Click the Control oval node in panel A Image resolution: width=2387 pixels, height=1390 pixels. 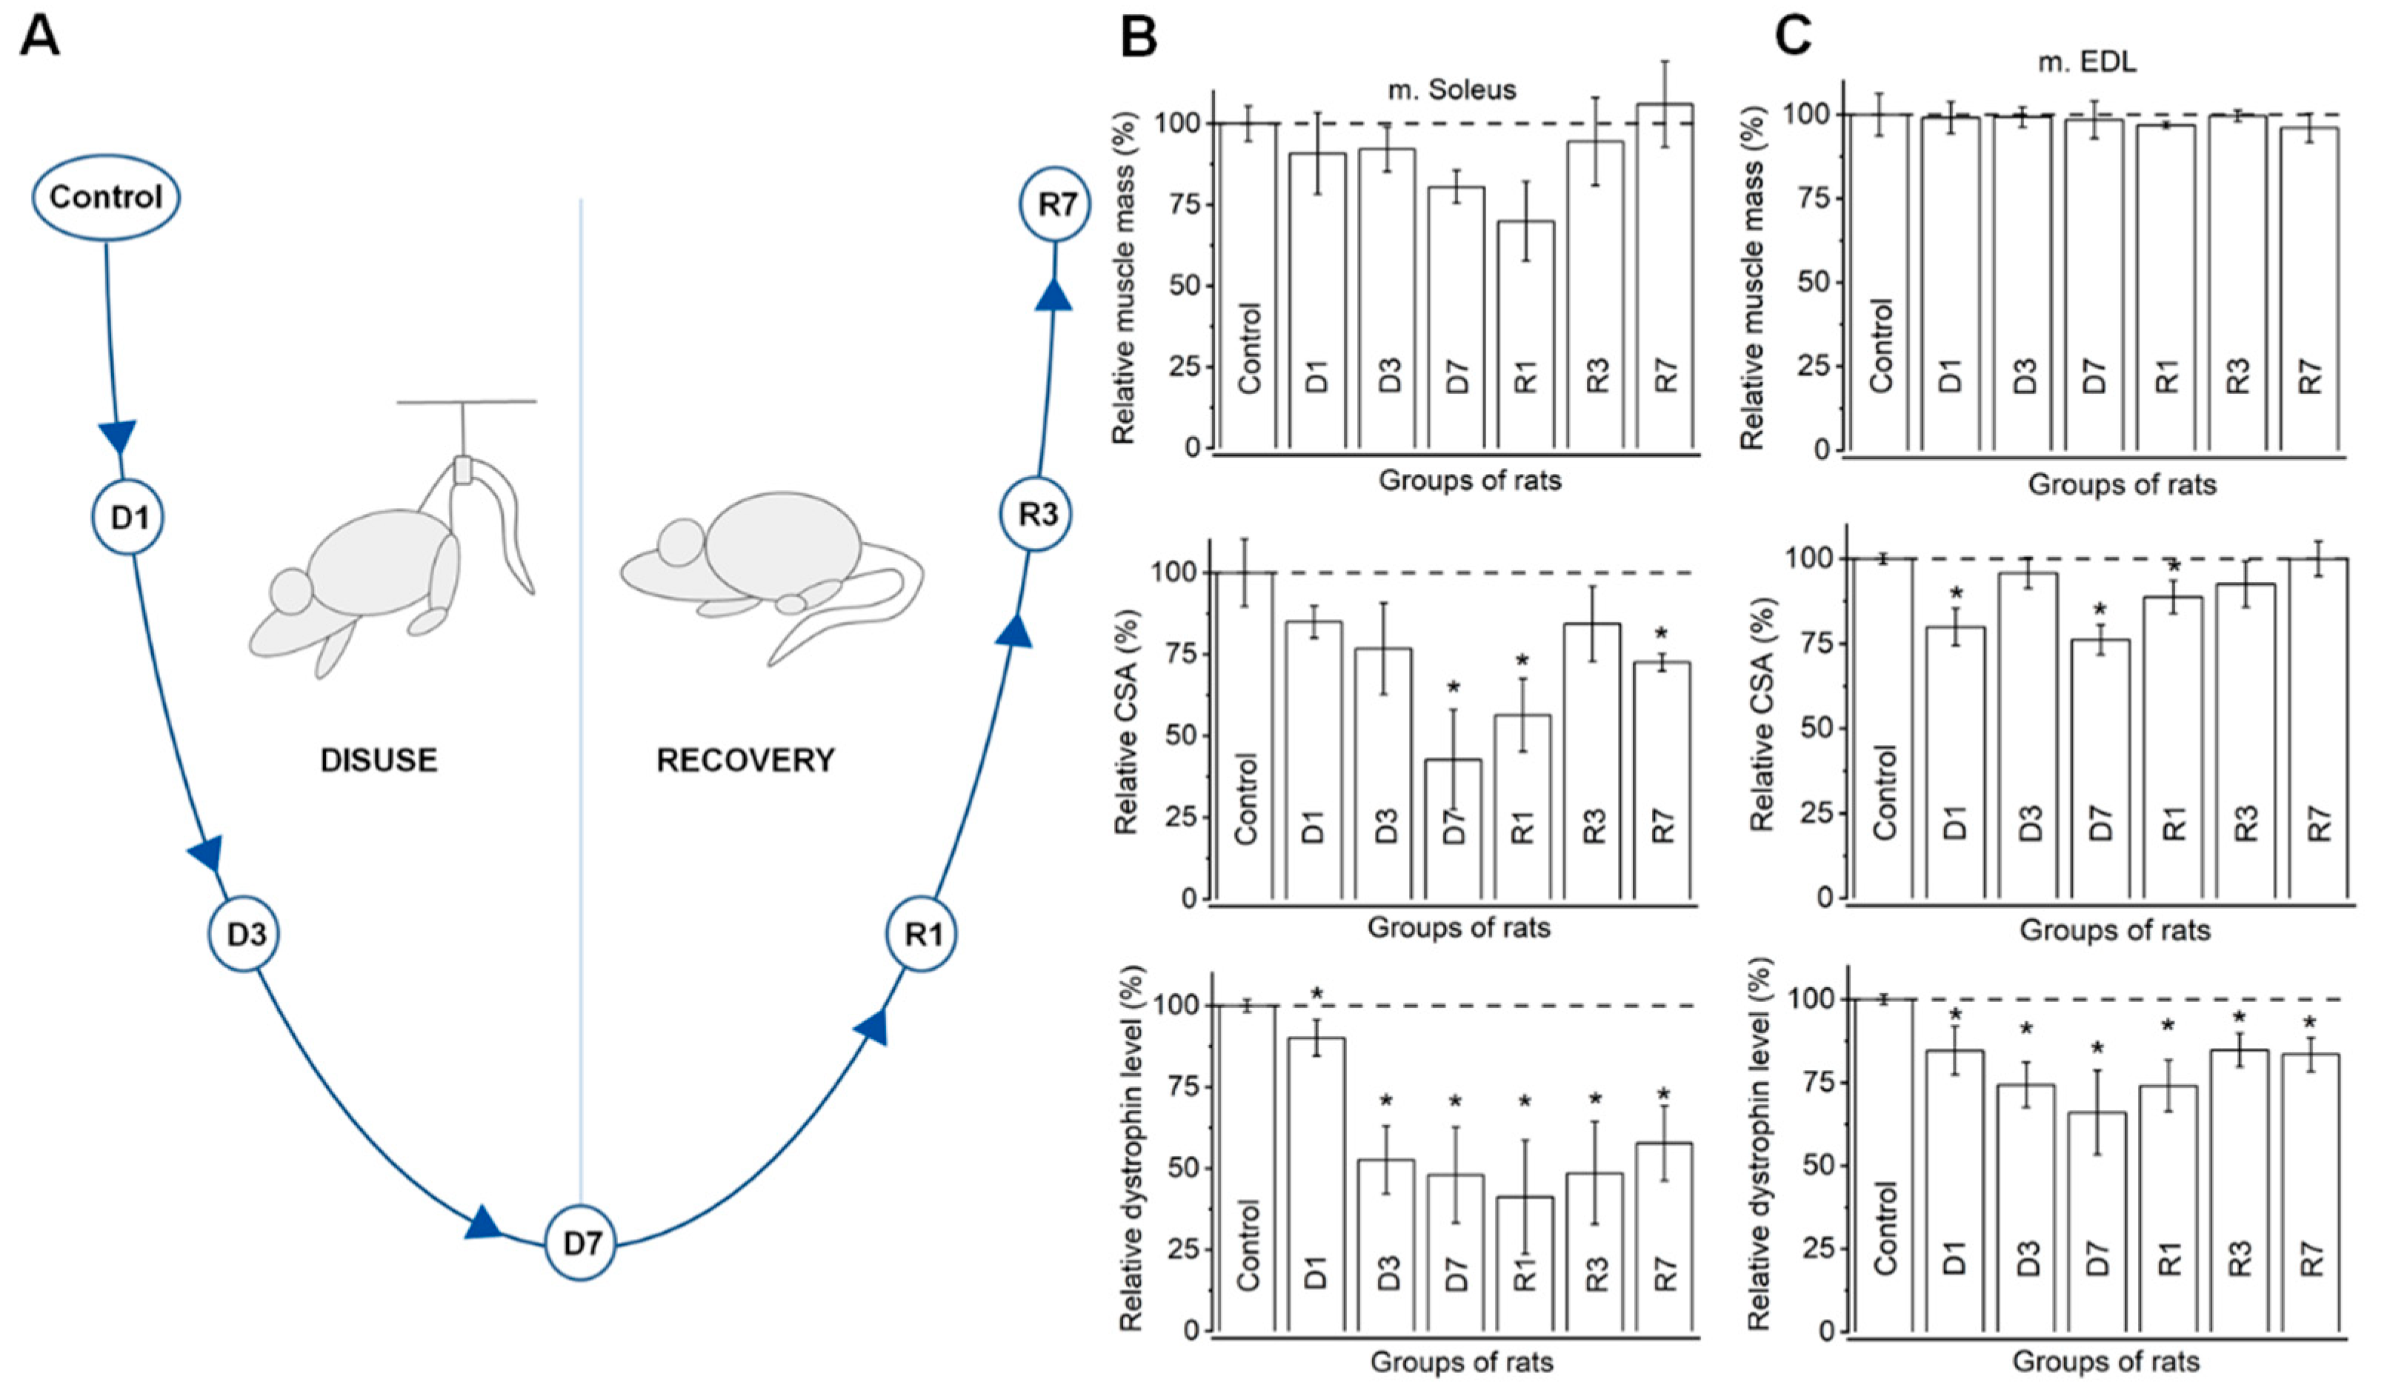pyautogui.click(x=106, y=197)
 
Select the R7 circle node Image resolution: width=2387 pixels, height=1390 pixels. pyautogui.click(x=1054, y=204)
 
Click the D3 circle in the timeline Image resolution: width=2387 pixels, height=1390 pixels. pyautogui.click(x=244, y=935)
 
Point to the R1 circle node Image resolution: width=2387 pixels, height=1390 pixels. pyautogui.click(x=922, y=935)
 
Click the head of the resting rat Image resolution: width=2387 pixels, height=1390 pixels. pyautogui.click(x=682, y=544)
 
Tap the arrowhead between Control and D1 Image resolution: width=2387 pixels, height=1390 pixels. pyautogui.click(x=119, y=435)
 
